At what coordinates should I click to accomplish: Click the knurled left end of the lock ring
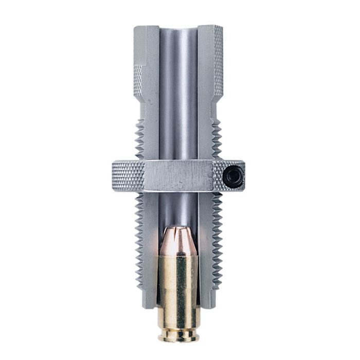click(127, 175)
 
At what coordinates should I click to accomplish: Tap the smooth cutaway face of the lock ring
click(177, 176)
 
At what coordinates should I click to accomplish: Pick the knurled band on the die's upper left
click(138, 77)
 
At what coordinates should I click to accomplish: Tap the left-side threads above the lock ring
click(139, 139)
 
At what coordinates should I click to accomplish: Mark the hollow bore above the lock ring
click(178, 103)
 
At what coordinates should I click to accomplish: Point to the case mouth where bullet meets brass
click(178, 256)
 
